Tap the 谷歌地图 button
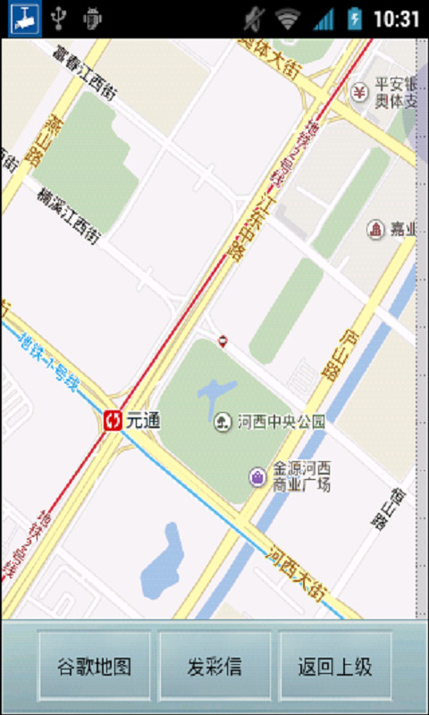[94, 667]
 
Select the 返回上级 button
[335, 667]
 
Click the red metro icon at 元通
[113, 420]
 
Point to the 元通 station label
[143, 420]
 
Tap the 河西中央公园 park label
[281, 421]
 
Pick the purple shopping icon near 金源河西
[257, 477]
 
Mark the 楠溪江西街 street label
[68, 215]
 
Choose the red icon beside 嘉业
[376, 230]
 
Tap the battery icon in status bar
[355, 18]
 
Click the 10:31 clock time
[396, 18]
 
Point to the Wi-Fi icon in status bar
[287, 18]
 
